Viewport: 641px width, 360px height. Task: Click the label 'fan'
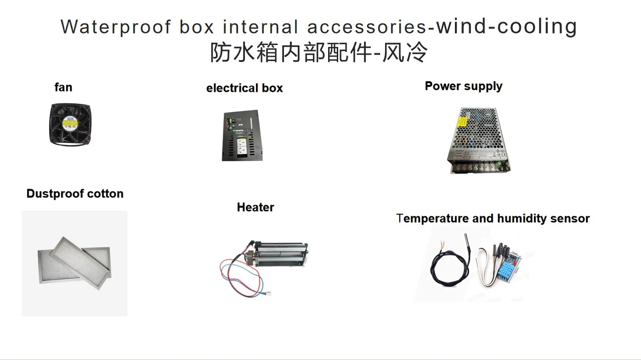coord(63,87)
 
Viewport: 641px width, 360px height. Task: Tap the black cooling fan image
coord(70,124)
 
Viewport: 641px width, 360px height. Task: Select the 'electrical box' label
coord(244,88)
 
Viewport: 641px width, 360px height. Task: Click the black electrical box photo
coord(243,135)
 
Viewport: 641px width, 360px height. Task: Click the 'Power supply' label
coord(463,86)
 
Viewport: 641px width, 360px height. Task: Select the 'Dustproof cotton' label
coord(75,194)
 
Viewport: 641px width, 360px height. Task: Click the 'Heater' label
coord(255,208)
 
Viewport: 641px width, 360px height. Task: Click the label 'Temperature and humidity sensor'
coord(493,219)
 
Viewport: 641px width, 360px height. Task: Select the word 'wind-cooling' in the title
coord(506,27)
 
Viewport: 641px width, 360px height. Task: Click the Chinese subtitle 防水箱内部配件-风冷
coord(319,52)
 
